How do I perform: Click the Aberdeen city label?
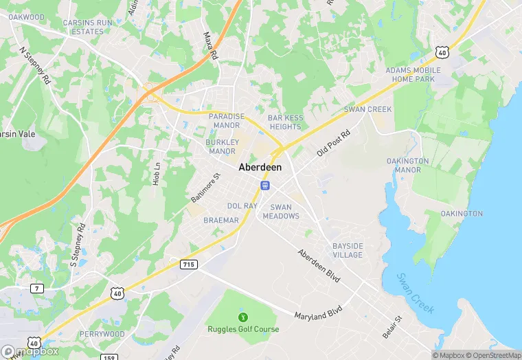click(260, 167)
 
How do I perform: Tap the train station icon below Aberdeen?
click(264, 185)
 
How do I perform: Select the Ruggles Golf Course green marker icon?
click(242, 317)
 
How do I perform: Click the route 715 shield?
click(188, 264)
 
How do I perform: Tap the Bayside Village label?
click(347, 250)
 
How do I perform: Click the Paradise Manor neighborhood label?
click(226, 121)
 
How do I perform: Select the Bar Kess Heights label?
click(285, 122)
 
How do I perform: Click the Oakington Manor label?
click(407, 165)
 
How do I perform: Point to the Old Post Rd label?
click(334, 143)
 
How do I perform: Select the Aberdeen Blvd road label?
click(319, 265)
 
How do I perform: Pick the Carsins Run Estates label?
click(87, 27)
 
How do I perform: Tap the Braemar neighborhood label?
click(221, 221)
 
